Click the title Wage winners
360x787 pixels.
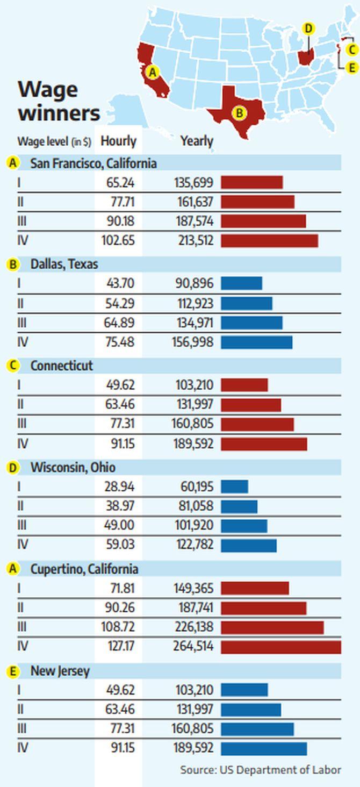[58, 102]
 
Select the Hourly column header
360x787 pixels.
[118, 141]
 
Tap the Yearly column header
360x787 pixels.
[197, 141]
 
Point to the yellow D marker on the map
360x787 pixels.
[308, 28]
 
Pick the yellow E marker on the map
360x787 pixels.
[351, 68]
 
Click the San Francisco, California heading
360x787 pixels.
[93, 163]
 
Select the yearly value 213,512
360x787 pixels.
[196, 240]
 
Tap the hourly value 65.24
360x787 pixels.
[120, 182]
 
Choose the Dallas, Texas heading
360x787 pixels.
[64, 264]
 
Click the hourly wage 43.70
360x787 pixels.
[120, 283]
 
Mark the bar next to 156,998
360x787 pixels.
[256, 342]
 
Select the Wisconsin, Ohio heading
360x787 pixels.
[73, 467]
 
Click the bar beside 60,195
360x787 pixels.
[234, 486]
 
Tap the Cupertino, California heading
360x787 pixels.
[84, 569]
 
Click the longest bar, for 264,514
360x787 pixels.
[280, 647]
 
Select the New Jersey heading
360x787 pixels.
[60, 671]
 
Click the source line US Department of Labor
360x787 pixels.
[261, 770]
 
